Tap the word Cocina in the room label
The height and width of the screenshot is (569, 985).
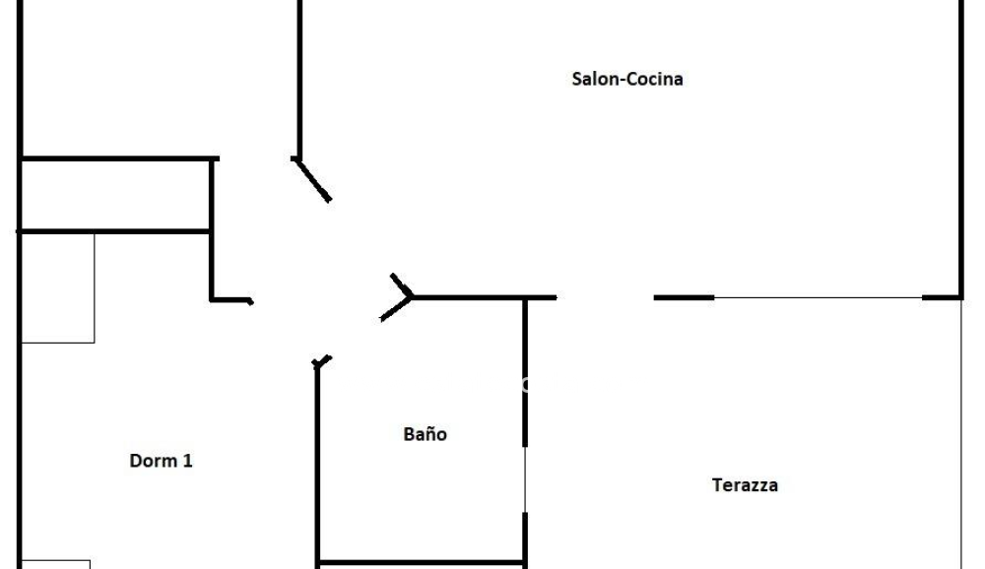[x=655, y=79]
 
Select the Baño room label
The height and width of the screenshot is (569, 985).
[x=426, y=434]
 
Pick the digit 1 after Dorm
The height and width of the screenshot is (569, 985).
[x=188, y=461]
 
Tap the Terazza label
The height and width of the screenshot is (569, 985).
[x=745, y=485]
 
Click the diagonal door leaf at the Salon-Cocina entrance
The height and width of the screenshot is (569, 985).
[x=312, y=180]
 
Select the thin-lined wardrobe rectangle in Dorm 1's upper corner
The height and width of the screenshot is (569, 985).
[x=58, y=288]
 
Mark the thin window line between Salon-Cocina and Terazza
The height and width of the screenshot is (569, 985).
[x=818, y=297]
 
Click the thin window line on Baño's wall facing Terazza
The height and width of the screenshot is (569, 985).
[x=525, y=479]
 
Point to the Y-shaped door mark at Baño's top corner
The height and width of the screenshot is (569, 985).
[x=397, y=297]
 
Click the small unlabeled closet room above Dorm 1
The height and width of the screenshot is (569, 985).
[x=115, y=195]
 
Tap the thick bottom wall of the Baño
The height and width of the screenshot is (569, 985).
[x=421, y=562]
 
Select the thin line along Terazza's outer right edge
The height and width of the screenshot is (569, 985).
[x=961, y=434]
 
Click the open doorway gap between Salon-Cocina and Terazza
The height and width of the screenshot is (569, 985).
[x=605, y=297]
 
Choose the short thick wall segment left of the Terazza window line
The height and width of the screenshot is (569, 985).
[x=685, y=297]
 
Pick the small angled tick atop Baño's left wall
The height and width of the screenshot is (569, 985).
[x=322, y=361]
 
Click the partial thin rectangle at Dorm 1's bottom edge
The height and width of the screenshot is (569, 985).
[x=56, y=565]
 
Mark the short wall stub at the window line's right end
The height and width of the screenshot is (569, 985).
[x=941, y=297]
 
